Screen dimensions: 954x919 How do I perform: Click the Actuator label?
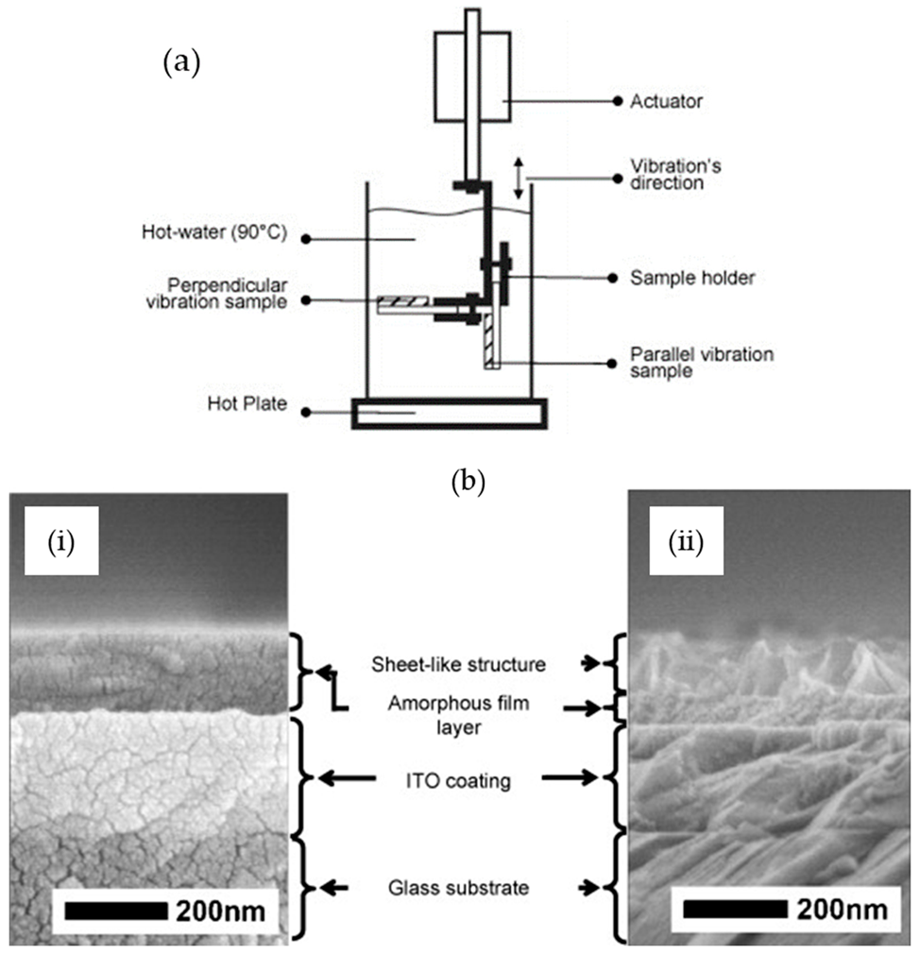[666, 100]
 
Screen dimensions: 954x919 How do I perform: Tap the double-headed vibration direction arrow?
[518, 178]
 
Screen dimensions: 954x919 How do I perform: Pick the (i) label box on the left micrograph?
[63, 545]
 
